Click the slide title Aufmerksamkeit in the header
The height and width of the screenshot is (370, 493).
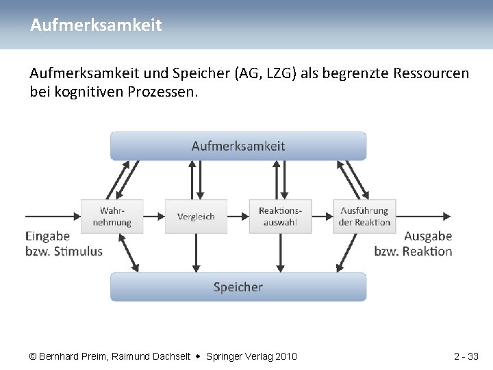(96, 25)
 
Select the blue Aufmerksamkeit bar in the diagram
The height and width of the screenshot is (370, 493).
(238, 146)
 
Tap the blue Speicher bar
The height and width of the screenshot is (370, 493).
(238, 287)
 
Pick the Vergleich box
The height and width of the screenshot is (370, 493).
(196, 217)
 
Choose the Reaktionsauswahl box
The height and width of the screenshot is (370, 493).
(280, 217)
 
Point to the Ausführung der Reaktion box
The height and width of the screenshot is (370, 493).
(364, 217)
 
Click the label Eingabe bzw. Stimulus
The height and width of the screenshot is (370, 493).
(64, 243)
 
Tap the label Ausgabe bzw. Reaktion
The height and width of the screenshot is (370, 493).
(414, 243)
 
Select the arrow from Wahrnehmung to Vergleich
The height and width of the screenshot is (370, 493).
(153, 217)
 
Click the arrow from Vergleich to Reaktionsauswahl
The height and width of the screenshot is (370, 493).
(238, 217)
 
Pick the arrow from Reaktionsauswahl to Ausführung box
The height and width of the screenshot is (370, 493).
(322, 217)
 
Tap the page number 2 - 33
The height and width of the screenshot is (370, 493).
(466, 356)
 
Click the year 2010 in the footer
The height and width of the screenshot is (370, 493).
(286, 356)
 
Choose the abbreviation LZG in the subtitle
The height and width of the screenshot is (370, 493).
(272, 73)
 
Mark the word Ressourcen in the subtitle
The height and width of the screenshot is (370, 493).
(431, 73)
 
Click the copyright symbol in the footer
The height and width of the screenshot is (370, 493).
(33, 356)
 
